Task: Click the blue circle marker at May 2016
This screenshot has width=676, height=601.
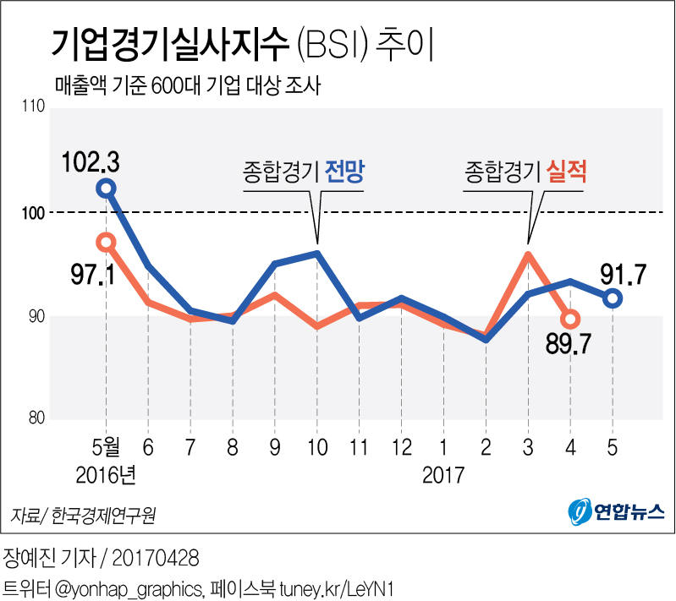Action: tap(106, 188)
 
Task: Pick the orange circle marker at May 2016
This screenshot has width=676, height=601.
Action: tap(106, 243)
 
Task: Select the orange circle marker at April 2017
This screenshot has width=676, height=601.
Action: tap(570, 319)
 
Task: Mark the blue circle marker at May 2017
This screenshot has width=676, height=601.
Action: tap(613, 298)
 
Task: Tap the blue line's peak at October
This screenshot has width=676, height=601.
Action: tap(316, 253)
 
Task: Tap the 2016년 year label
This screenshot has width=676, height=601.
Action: tap(106, 474)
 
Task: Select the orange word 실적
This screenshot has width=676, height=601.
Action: tap(567, 172)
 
